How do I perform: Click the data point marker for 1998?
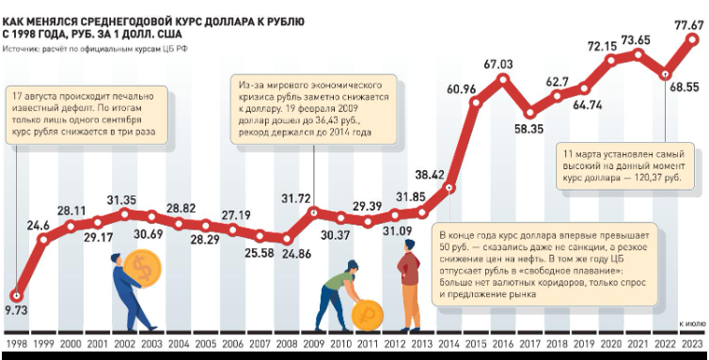pyautogui.click(x=16, y=296)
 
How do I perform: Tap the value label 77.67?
pyautogui.click(x=688, y=24)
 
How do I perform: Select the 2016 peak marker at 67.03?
pyautogui.click(x=503, y=80)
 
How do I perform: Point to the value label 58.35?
pyautogui.click(x=528, y=130)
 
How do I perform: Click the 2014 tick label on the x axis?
pyautogui.click(x=449, y=344)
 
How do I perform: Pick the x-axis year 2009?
pyautogui.click(x=314, y=344)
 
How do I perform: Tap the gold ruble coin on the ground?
pyautogui.click(x=367, y=315)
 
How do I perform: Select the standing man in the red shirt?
pyautogui.click(x=409, y=286)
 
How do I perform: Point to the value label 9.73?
pyautogui.click(x=16, y=311)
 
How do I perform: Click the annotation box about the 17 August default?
pyautogui.click(x=87, y=115)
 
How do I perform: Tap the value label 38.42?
pyautogui.click(x=430, y=175)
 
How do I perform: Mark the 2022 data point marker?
pyautogui.click(x=665, y=74)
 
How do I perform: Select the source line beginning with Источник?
pyautogui.click(x=95, y=49)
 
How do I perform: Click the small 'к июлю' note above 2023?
pyautogui.click(x=692, y=324)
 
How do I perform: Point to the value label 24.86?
pyautogui.click(x=296, y=254)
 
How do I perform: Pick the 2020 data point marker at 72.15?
pyautogui.click(x=611, y=60)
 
